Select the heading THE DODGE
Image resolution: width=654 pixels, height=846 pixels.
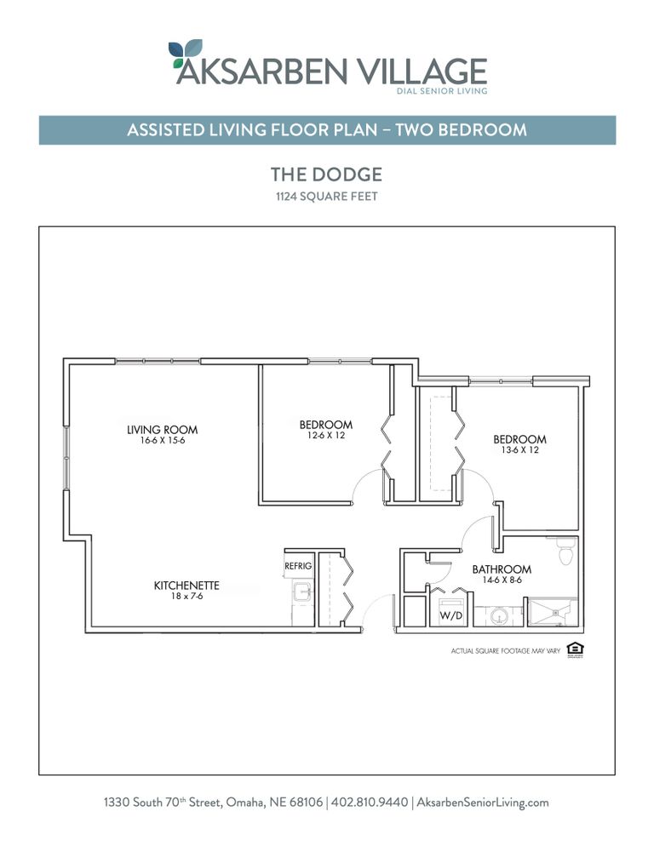[x=326, y=174]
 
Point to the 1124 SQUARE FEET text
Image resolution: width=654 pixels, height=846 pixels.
[x=326, y=197]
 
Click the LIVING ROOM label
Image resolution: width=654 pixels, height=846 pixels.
[x=162, y=430]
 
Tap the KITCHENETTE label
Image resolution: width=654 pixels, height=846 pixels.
[x=186, y=586]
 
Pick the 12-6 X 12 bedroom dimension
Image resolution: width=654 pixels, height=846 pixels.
[x=325, y=436]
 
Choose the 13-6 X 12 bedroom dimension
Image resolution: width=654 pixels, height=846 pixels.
[x=519, y=450]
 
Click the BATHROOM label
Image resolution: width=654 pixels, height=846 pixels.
[x=502, y=569]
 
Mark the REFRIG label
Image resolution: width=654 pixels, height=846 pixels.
[x=298, y=566]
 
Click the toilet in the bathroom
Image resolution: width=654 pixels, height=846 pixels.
[x=565, y=553]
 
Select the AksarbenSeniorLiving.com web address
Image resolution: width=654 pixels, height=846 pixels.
[x=484, y=803]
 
